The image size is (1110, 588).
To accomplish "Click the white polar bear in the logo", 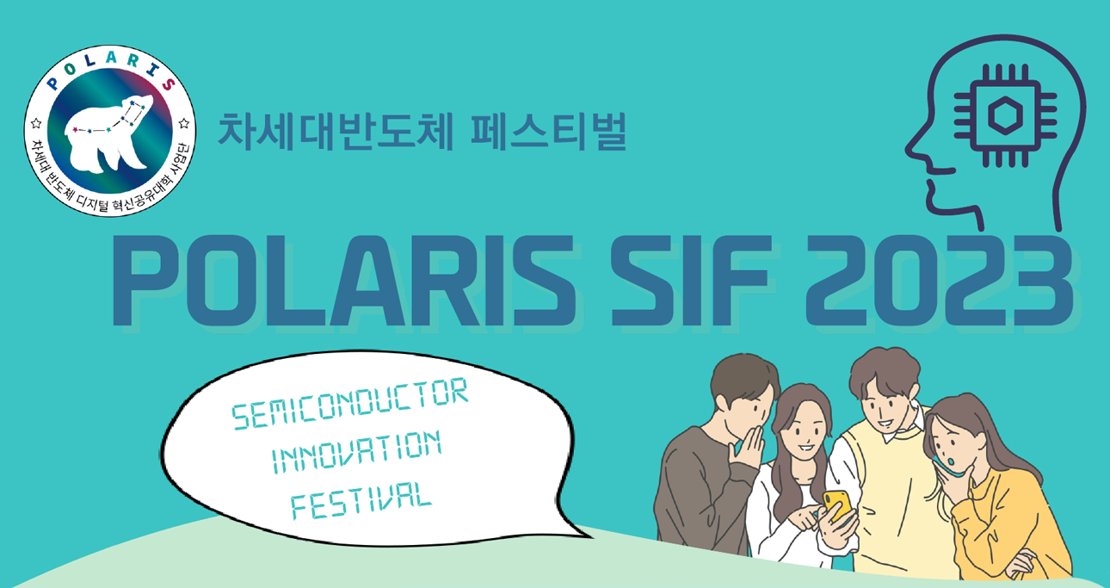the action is click(x=107, y=136).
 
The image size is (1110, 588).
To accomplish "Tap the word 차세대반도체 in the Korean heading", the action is click(x=336, y=132).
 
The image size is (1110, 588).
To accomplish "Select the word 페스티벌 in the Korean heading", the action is click(x=549, y=132).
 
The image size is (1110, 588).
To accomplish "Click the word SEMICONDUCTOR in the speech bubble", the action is click(x=350, y=403).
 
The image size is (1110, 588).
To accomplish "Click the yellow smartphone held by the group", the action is click(x=837, y=505).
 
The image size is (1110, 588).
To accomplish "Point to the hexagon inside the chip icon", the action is click(x=1005, y=116).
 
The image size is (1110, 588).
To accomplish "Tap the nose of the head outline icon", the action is click(x=910, y=149).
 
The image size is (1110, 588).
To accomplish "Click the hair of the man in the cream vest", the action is click(x=885, y=371).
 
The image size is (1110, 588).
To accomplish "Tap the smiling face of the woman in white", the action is click(x=806, y=432).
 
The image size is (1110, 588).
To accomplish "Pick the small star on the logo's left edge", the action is click(x=36, y=122).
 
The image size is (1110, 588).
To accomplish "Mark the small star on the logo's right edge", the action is click(x=184, y=122).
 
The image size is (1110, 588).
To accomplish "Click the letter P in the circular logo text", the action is click(x=52, y=84).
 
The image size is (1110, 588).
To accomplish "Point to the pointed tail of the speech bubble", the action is click(x=590, y=536).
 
